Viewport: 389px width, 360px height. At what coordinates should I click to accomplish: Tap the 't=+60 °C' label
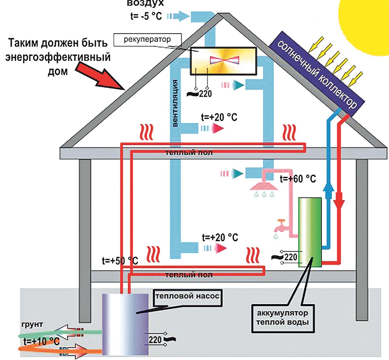tap(298, 179)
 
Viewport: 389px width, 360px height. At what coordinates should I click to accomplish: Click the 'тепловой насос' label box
tap(187, 296)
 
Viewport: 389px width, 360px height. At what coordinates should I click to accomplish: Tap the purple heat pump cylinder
tap(125, 324)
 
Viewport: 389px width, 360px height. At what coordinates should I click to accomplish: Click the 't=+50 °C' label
tap(120, 261)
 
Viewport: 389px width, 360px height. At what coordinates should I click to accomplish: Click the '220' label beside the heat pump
tap(155, 340)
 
